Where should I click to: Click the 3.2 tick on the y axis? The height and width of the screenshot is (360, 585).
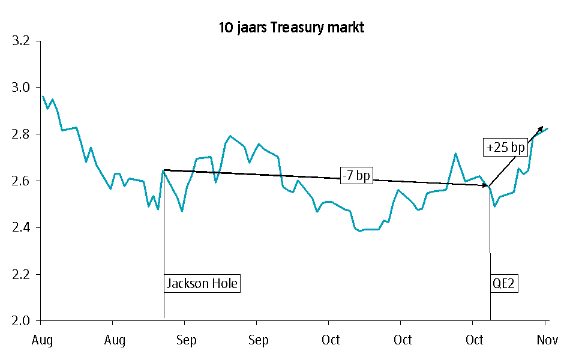pos(21,41)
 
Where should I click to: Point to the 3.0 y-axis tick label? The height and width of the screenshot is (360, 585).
pos(21,88)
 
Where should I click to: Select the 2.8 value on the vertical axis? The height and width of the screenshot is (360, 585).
pos(21,134)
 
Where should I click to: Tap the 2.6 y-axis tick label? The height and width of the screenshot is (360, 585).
pos(21,181)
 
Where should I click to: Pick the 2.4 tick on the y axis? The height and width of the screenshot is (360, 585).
pos(21,228)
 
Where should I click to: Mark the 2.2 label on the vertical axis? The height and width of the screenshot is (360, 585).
pos(21,275)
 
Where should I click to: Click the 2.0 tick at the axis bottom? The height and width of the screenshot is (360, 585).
pos(21,321)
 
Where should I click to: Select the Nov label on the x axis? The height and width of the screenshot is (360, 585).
pos(547,340)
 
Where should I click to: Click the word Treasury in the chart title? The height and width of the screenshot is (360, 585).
pos(296,28)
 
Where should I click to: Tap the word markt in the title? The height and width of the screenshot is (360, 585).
pos(346,28)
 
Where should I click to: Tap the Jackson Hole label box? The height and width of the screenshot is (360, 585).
pos(202,283)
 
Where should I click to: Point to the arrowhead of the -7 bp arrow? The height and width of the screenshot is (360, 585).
pos(486,186)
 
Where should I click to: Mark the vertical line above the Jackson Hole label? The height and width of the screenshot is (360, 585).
pos(164,222)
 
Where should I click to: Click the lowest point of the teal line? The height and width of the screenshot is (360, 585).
pos(360,231)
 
